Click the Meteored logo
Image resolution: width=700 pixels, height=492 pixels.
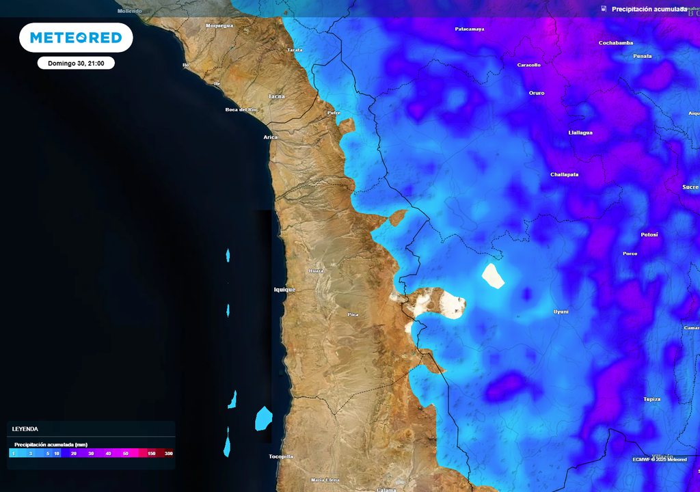[76, 38]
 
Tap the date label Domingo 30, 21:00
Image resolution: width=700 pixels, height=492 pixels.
[76, 63]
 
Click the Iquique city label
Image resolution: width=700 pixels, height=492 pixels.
[284, 290]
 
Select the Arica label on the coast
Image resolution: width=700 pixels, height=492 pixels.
[271, 137]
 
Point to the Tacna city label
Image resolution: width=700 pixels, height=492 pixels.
[276, 96]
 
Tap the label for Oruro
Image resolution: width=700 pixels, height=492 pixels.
[537, 93]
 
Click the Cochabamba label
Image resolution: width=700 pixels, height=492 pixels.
[616, 43]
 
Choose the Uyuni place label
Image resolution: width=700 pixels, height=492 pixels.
[561, 312]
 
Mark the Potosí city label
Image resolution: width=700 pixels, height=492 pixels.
[649, 234]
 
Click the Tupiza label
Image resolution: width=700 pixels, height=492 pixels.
[651, 399]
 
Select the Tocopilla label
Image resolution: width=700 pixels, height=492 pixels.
[281, 456]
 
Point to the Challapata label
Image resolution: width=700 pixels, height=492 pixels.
[564, 174]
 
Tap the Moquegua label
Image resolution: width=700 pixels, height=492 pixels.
[219, 26]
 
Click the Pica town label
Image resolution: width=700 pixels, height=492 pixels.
[353, 314]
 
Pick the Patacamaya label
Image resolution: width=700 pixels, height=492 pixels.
[470, 29]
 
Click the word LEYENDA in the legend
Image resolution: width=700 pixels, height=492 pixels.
[25, 429]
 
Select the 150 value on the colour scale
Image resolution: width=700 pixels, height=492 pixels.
[151, 453]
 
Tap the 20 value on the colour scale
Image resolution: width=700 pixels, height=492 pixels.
[73, 453]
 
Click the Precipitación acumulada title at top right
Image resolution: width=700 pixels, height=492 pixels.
[649, 9]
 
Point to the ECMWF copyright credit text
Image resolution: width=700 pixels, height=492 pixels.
[659, 459]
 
